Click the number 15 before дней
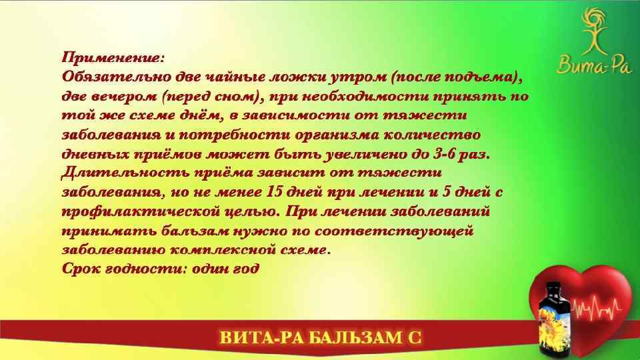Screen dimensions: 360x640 click(x=275, y=193)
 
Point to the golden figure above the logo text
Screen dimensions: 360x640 click(x=588, y=31)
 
